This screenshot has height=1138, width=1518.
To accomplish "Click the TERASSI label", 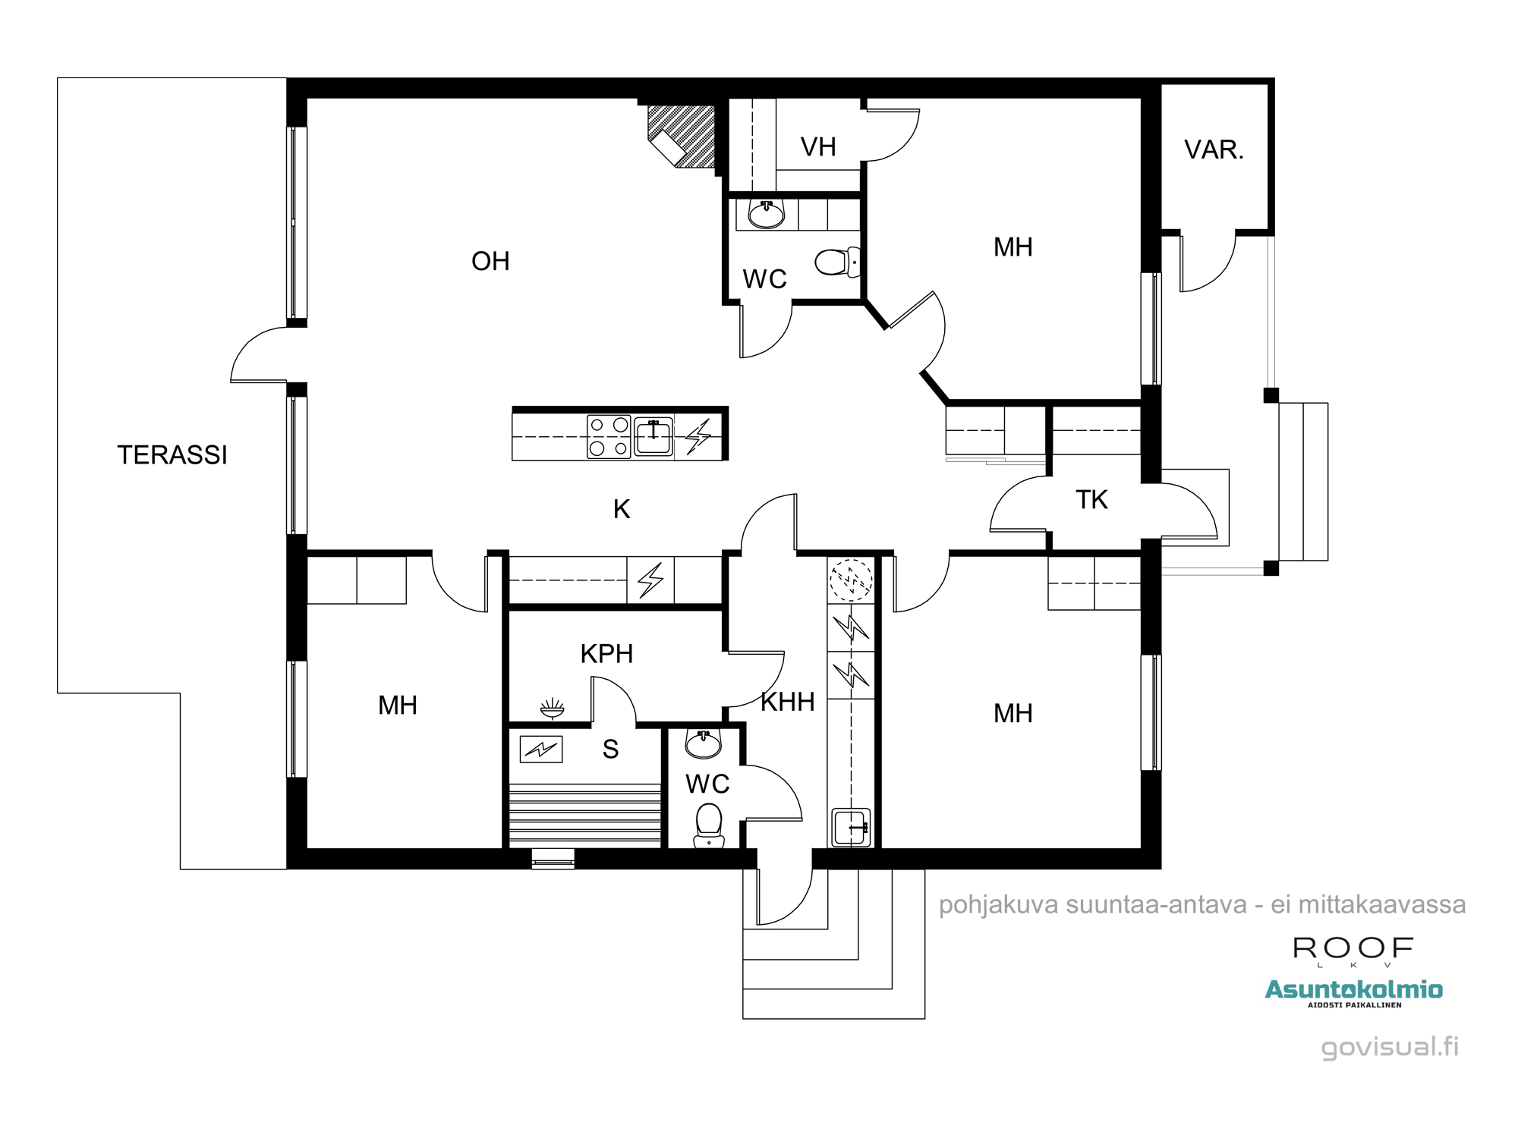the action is click(172, 454).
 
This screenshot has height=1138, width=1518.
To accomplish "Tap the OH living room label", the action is click(490, 261).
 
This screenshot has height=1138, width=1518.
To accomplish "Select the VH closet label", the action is click(818, 146).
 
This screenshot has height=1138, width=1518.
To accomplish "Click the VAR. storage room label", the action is click(1214, 149).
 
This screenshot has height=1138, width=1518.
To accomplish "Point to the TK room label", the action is click(1091, 499).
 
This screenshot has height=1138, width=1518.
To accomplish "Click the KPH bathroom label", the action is click(606, 653).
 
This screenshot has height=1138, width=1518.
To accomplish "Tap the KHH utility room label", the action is click(788, 702).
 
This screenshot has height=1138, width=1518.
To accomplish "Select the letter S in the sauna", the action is click(610, 749).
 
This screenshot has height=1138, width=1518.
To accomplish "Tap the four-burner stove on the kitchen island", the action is click(609, 436).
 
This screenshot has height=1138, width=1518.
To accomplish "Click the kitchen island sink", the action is click(653, 436).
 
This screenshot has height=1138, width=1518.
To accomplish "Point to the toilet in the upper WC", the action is click(838, 262).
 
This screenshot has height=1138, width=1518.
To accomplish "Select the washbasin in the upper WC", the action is click(767, 214).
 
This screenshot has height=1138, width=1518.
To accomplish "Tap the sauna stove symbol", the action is click(541, 749).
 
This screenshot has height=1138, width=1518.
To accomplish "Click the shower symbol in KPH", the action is click(552, 708).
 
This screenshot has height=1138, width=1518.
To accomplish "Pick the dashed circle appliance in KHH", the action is click(851, 580).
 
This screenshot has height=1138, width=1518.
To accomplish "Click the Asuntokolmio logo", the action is click(1353, 992).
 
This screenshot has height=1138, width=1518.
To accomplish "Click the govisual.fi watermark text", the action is click(1390, 1047).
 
